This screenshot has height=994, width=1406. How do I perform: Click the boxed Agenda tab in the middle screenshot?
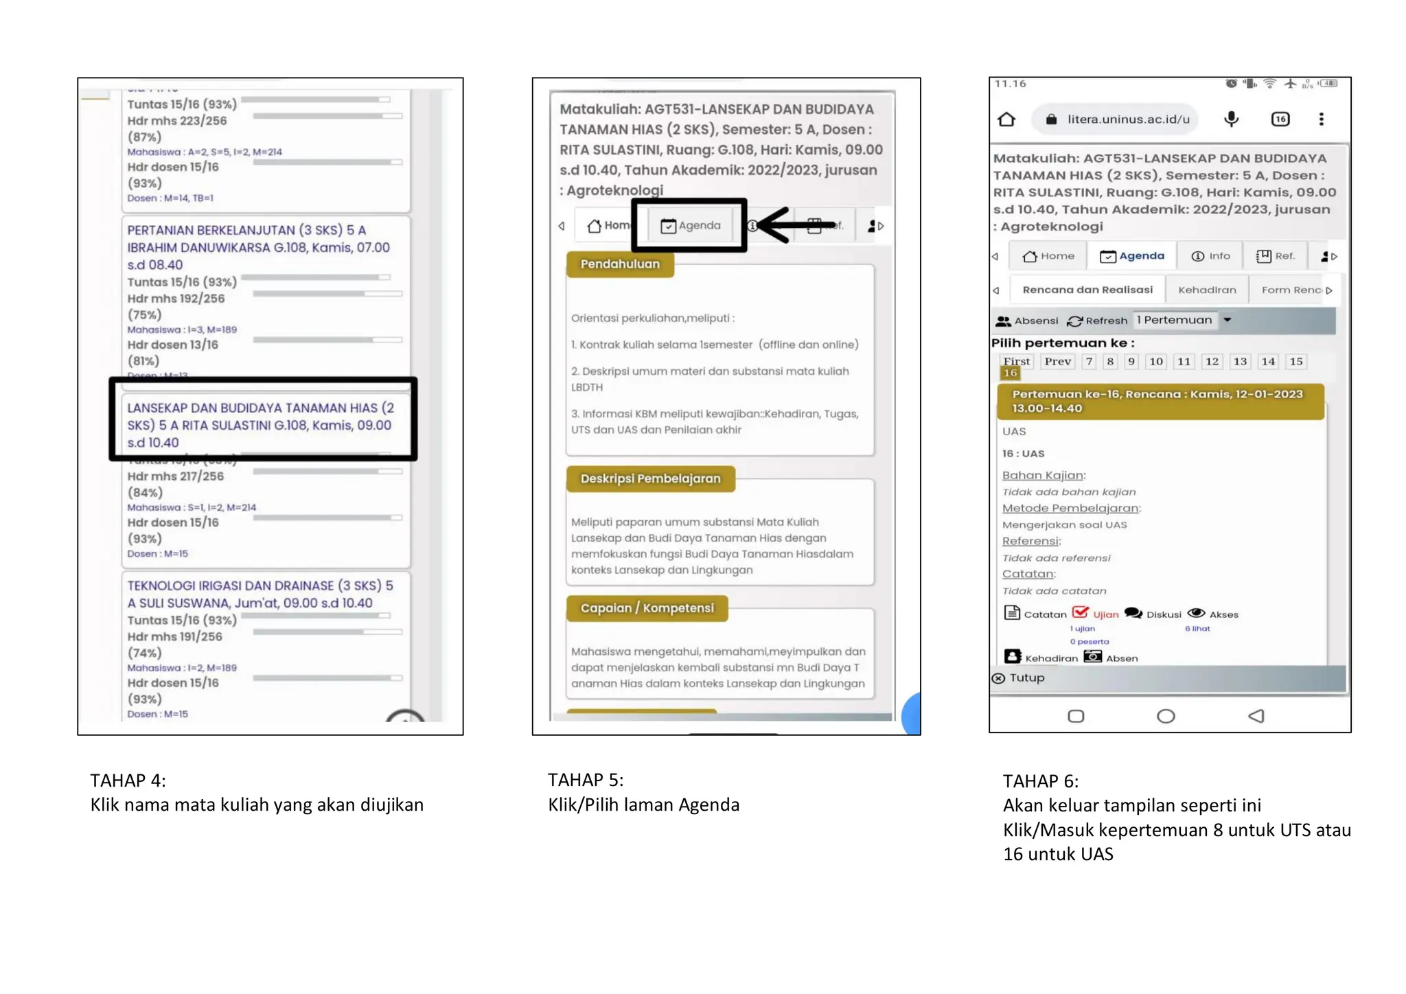tap(690, 226)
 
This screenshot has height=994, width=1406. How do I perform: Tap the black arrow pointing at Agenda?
tap(796, 225)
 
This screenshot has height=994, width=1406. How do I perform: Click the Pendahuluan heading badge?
tap(620, 264)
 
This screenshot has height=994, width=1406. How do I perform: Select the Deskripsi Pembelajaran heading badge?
tap(650, 478)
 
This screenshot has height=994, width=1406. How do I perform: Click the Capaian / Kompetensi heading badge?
tap(647, 608)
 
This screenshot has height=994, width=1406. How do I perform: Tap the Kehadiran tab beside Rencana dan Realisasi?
tap(1206, 290)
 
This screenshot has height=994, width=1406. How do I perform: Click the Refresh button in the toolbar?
tap(1098, 321)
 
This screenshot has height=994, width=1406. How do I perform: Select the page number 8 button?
tap(1109, 362)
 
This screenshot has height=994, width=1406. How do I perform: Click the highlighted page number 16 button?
tap(1010, 373)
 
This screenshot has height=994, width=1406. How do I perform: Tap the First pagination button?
tap(1016, 362)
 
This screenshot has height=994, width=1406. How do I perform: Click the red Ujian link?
tap(1096, 614)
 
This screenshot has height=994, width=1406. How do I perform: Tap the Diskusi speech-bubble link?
tap(1153, 614)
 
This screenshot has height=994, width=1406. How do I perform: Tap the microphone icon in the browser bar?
tap(1231, 119)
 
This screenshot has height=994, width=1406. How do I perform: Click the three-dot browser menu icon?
tap(1321, 119)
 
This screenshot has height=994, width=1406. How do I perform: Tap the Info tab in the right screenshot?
tap(1210, 256)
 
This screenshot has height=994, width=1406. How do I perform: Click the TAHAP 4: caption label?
tap(128, 781)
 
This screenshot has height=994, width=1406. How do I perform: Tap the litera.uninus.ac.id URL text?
tap(1128, 119)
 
